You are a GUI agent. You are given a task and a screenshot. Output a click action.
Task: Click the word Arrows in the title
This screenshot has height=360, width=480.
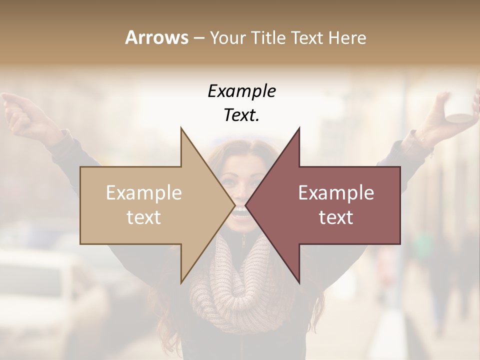156,37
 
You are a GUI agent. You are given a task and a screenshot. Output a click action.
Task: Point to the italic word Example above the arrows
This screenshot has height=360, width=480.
241,91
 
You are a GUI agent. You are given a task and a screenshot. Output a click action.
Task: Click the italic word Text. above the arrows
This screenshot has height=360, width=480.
241,115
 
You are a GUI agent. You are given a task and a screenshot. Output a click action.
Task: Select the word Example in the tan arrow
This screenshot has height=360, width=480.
144,193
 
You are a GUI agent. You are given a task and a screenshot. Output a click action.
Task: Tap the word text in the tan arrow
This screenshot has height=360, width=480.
144,217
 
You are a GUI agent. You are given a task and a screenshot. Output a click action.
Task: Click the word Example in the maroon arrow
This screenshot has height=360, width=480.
336,193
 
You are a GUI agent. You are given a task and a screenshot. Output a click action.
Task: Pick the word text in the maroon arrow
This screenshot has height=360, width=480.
336,217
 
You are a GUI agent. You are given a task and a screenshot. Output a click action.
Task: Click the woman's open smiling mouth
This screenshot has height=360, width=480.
240,212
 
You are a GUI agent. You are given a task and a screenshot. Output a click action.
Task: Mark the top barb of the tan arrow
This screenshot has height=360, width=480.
182,131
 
